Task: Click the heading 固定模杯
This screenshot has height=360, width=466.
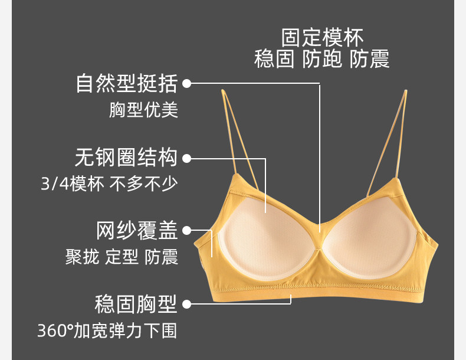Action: (x=322, y=37)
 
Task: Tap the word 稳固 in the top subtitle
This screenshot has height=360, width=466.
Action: (x=274, y=60)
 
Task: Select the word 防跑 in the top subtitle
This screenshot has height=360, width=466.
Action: (x=322, y=60)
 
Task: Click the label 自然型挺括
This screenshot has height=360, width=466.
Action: (x=126, y=84)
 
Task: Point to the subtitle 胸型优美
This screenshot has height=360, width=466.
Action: (x=143, y=110)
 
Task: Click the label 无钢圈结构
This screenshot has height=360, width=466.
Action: (x=126, y=158)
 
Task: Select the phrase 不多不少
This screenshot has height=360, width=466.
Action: (x=143, y=184)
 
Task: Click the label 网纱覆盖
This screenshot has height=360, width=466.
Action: (x=137, y=231)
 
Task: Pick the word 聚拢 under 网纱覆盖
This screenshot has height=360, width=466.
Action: (x=82, y=257)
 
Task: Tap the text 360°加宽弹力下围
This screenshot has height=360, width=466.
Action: (x=107, y=330)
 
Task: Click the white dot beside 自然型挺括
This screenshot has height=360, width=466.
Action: (x=187, y=84)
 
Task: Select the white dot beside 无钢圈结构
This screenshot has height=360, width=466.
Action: (x=187, y=158)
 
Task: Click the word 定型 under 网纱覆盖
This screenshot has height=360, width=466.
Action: (x=122, y=257)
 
